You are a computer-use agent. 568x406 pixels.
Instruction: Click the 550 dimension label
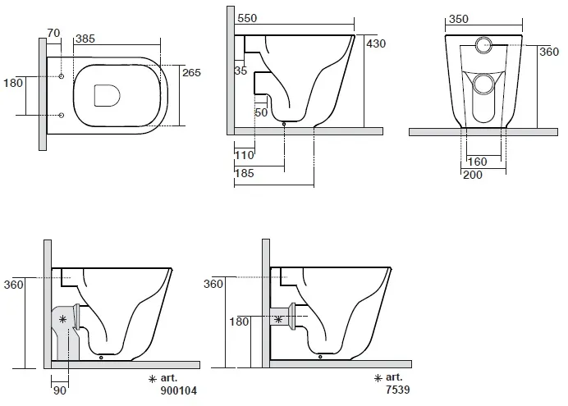pos(247,18)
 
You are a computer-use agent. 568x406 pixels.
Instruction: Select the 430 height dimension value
pos(376,43)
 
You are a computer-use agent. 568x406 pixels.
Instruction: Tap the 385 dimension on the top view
pos(85,39)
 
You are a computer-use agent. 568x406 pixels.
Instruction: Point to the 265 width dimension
pos(191,73)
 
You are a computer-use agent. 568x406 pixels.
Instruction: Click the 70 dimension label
pos(53,33)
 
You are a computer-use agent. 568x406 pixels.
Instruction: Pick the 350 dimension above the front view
pos(459,19)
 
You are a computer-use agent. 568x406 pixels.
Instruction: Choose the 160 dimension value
pos(477,162)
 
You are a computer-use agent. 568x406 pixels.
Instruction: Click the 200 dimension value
pos(473,176)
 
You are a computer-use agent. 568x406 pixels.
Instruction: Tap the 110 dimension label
pos(244,156)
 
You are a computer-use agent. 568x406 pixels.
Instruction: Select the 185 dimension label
pos(244,173)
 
